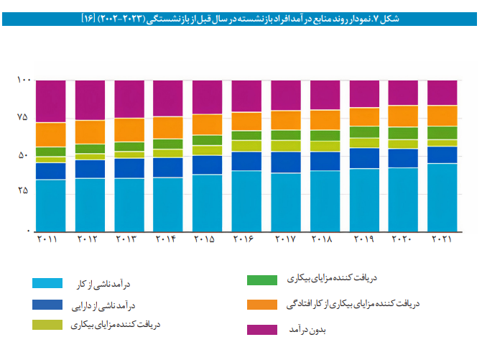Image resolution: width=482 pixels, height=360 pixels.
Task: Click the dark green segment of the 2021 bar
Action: [442, 132]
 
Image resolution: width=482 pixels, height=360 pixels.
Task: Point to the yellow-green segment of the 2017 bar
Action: [285, 145]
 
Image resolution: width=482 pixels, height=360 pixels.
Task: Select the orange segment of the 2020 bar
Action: [403, 116]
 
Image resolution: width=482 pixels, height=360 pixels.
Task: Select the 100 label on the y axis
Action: [22, 80]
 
